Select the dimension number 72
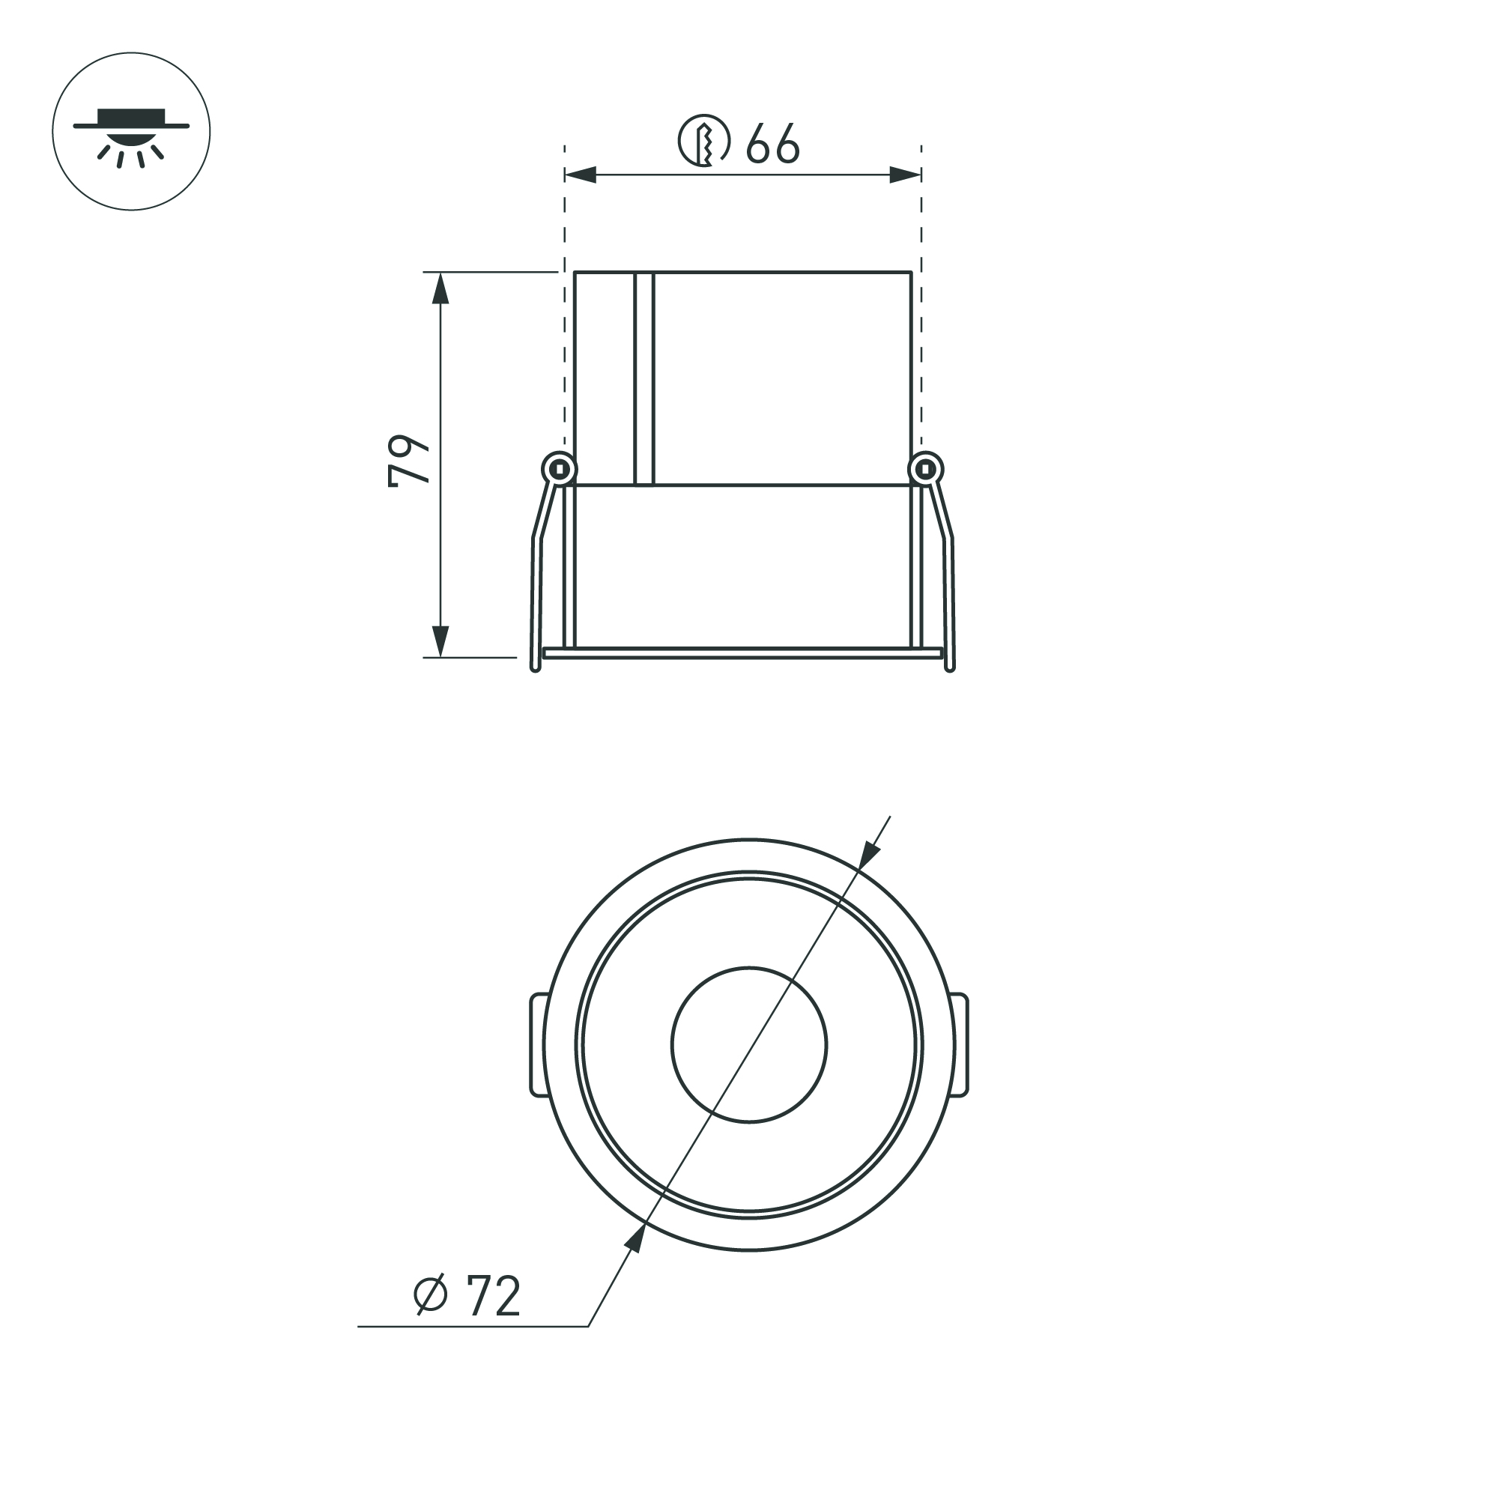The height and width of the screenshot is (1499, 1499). (x=494, y=1297)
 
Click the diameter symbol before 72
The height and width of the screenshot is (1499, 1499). (x=431, y=1295)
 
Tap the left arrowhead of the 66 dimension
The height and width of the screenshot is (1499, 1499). (x=581, y=175)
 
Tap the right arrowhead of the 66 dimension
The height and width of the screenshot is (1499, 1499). (x=905, y=175)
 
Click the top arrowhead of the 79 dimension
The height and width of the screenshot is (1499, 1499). (x=440, y=288)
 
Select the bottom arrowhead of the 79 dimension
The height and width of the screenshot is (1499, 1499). (x=440, y=641)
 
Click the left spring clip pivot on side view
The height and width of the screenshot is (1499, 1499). (x=559, y=469)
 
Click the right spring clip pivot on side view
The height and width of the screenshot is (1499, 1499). (x=925, y=469)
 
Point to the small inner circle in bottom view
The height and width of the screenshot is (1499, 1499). (x=748, y=1044)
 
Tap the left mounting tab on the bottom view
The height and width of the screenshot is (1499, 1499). (x=538, y=1044)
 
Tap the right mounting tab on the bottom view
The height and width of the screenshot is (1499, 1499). (x=960, y=1044)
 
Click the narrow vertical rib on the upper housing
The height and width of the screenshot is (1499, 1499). (x=644, y=378)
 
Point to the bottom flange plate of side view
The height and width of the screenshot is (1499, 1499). (x=742, y=652)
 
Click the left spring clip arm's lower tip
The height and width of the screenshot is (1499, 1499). (x=535, y=666)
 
